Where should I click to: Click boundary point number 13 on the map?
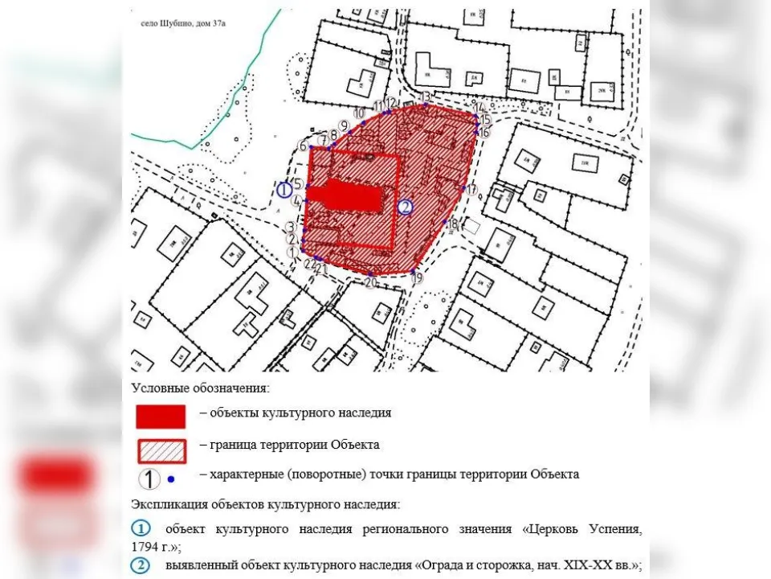pyautogui.click(x=426, y=97)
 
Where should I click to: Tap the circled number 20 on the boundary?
pyautogui.click(x=370, y=282)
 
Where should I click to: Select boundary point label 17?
pyautogui.click(x=471, y=190)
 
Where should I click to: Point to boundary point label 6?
pyautogui.click(x=303, y=146)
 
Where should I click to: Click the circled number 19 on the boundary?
pyautogui.click(x=417, y=278)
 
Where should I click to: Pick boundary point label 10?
pyautogui.click(x=360, y=113)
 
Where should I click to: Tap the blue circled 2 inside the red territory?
pyautogui.click(x=406, y=207)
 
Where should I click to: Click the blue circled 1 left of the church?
pyautogui.click(x=284, y=190)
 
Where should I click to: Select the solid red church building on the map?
pyautogui.click(x=345, y=195)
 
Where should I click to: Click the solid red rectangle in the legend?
pyautogui.click(x=161, y=416)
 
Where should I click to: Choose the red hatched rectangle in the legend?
pyautogui.click(x=161, y=450)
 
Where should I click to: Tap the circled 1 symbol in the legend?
pyautogui.click(x=149, y=479)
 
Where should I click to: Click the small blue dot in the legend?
pyautogui.click(x=171, y=480)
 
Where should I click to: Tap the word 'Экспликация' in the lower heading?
pyautogui.click(x=169, y=505)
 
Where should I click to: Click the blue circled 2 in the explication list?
pyautogui.click(x=140, y=565)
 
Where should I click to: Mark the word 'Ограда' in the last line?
pyautogui.click(x=441, y=565)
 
